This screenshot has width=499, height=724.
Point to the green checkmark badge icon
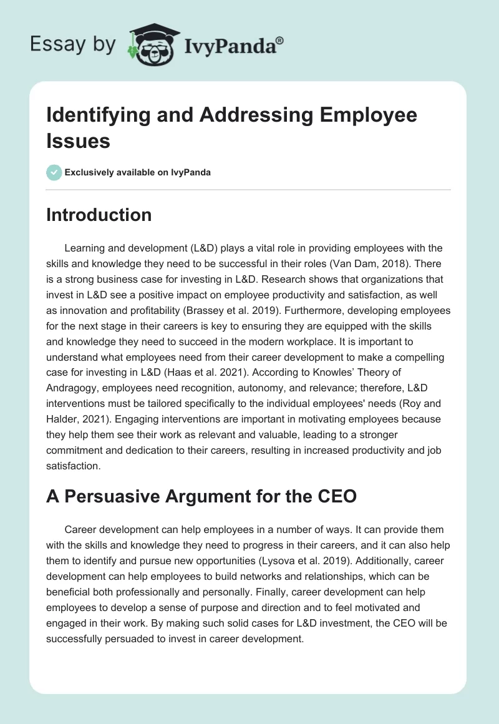(54, 172)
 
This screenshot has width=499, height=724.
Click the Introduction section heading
(99, 215)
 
